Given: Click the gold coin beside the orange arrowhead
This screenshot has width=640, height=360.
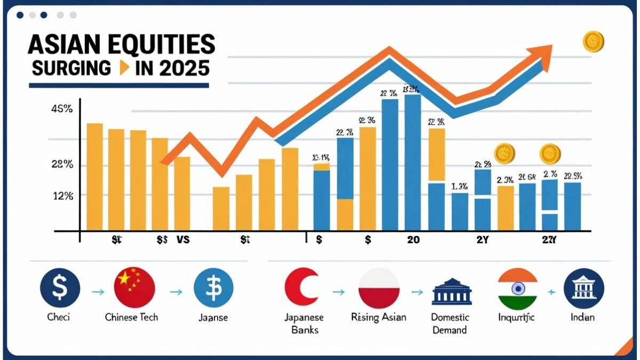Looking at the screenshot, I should pos(593,42).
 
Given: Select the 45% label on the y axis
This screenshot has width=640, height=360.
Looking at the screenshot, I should pos(62,110).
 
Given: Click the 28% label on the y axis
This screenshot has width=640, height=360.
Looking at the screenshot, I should pos(62,165).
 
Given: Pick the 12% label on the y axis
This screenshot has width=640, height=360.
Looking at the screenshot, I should pos(62,196).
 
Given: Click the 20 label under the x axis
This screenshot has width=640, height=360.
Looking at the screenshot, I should pos(413,240).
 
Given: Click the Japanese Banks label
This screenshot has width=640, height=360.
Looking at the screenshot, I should pos(305,323).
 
